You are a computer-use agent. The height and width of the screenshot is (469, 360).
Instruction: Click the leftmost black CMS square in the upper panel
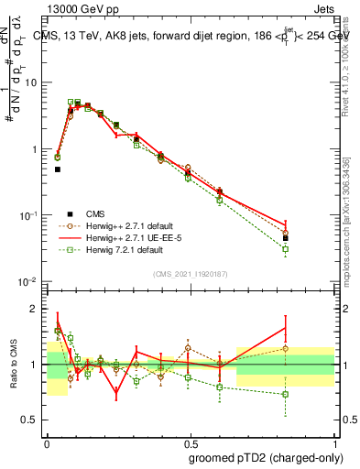click(57, 169)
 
